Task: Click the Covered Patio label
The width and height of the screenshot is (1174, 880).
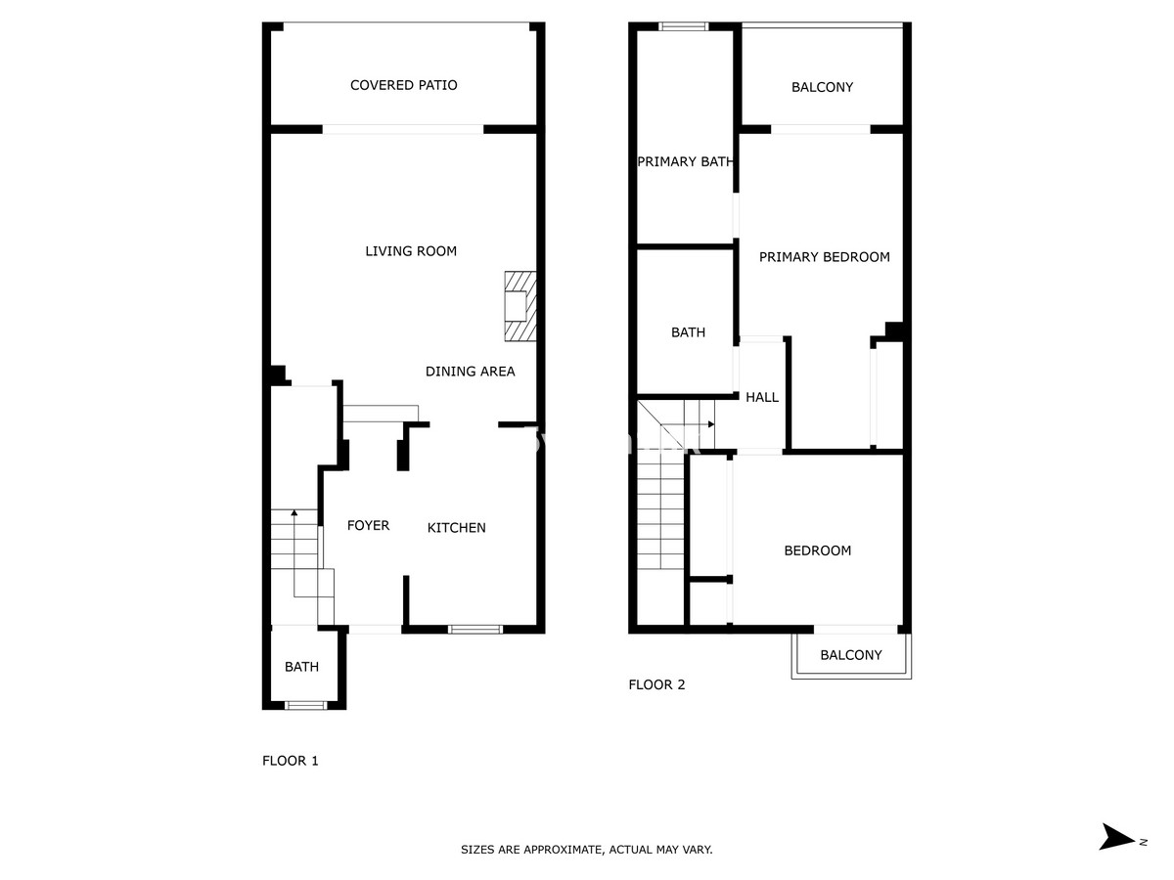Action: click(x=403, y=85)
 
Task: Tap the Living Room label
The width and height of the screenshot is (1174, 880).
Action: click(x=411, y=251)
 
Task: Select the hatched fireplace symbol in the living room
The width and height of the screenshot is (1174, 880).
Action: click(x=519, y=306)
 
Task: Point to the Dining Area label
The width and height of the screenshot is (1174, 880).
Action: click(x=470, y=372)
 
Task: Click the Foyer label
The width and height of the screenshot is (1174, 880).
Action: click(x=368, y=526)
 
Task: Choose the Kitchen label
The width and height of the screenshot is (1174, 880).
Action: click(x=456, y=528)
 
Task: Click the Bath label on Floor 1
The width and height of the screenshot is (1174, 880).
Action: click(x=301, y=667)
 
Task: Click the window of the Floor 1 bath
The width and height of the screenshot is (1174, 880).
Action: click(x=305, y=705)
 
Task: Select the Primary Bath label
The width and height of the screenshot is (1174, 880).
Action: click(x=685, y=161)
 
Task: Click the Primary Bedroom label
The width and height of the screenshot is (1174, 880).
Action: click(x=825, y=257)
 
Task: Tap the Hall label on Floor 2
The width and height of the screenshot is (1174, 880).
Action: click(x=762, y=397)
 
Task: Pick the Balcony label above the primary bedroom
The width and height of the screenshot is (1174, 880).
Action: click(x=822, y=87)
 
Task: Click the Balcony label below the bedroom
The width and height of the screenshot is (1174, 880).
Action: click(x=850, y=655)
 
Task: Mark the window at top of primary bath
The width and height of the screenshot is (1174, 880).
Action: click(x=683, y=26)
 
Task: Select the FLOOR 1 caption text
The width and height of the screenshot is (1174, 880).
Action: click(x=291, y=761)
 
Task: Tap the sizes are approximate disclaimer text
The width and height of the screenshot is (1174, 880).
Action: click(x=587, y=851)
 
